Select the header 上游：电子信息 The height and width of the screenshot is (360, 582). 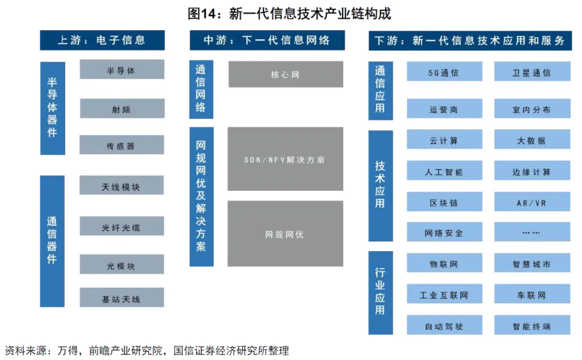[x=102, y=40]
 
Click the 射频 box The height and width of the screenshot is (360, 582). [x=122, y=109]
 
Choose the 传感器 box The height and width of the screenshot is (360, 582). [x=122, y=145]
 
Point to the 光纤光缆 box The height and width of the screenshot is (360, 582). [x=122, y=226]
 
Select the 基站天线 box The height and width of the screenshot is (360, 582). [x=122, y=298]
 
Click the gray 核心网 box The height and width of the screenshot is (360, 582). [x=285, y=74]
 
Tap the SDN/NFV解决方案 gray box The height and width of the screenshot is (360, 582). [x=285, y=160]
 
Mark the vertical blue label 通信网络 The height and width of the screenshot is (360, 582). [x=201, y=89]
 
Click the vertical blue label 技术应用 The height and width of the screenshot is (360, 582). [x=380, y=186]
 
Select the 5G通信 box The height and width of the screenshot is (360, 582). [x=444, y=72]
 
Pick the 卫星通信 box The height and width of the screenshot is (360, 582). [x=532, y=72]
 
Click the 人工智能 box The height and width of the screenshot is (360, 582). [x=444, y=171]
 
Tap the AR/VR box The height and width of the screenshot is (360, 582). [x=532, y=203]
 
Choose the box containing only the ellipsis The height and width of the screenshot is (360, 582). [x=532, y=232]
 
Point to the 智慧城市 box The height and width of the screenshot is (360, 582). [x=532, y=264]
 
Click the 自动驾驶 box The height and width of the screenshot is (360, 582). [x=444, y=326]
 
